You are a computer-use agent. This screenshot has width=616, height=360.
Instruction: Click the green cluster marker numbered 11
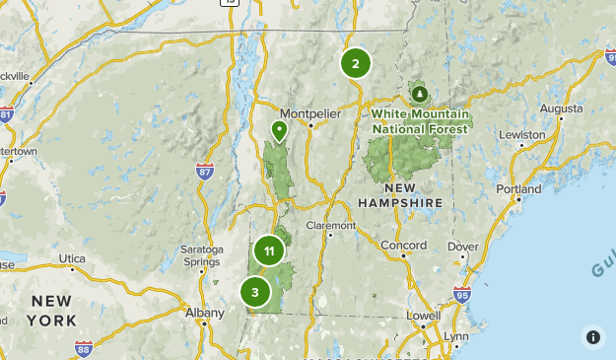click(268, 252)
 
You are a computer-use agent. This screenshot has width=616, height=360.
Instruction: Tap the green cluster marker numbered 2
click(355, 64)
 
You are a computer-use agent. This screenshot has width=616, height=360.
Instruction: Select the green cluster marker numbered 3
click(255, 292)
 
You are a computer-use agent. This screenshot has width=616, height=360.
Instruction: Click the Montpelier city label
click(309, 112)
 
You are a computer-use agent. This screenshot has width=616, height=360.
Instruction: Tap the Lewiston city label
click(521, 134)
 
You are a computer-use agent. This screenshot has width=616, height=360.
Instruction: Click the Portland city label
click(518, 188)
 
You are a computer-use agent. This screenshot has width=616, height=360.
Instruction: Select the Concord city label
click(404, 246)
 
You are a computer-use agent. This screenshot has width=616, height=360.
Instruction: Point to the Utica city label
click(73, 258)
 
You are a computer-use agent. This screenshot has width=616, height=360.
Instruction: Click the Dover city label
click(462, 247)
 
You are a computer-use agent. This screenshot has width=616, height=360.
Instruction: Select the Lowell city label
click(423, 316)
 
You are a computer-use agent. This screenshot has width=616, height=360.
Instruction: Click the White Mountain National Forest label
click(422, 121)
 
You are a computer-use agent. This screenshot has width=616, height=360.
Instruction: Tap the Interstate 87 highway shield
click(204, 172)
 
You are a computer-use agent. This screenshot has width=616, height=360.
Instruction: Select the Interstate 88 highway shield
click(83, 347)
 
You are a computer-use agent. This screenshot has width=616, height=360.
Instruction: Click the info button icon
click(592, 336)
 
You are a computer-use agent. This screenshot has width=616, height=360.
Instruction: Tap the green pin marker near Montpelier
click(279, 129)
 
